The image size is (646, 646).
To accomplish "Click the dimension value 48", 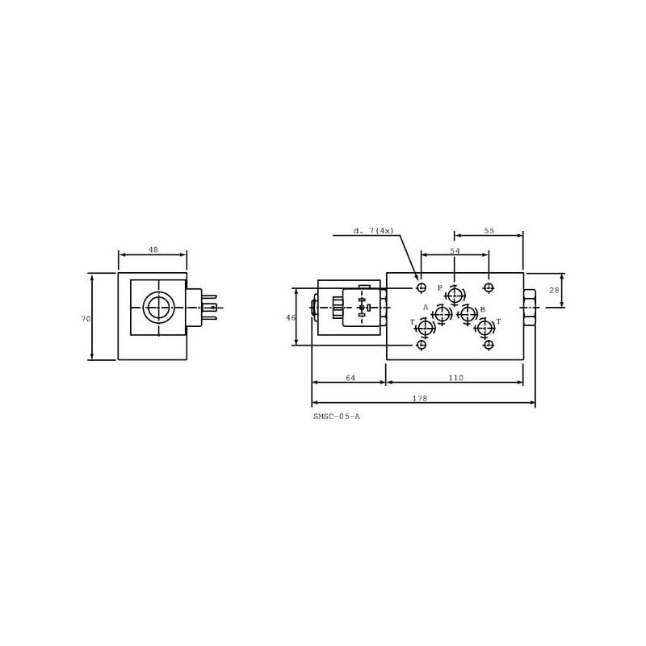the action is coord(153,250).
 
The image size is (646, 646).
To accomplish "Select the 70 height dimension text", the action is coord(86,318).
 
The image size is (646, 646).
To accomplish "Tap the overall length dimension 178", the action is coord(420,398).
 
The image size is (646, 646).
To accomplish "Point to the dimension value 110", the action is coord(455,377).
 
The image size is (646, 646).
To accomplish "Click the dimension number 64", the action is coord(350,377).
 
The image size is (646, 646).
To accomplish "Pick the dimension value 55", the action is coord(489,231).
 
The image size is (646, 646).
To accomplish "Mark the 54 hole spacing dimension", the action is coord(455,250).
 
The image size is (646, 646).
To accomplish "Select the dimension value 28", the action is coord(554,290).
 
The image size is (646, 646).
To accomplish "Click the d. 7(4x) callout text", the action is coord(374,231).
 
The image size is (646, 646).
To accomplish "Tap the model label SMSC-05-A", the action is coord(337,417).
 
